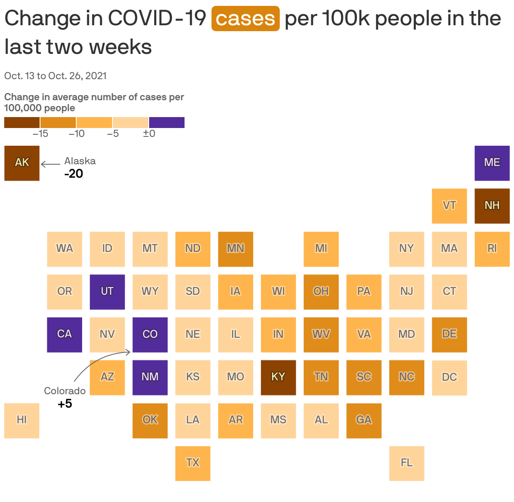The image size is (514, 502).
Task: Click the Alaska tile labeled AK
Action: [22, 163]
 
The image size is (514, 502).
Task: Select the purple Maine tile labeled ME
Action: [492, 163]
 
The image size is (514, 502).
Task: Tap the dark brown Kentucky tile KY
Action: [278, 377]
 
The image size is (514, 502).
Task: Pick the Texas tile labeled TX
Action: [193, 463]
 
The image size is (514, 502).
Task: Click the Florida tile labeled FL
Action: [407, 463]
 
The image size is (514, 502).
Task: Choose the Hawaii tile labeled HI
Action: [22, 420]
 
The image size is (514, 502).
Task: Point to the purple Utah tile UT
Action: [107, 292]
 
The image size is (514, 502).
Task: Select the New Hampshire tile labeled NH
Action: [492, 206]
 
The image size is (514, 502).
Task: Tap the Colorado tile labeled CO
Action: [150, 334]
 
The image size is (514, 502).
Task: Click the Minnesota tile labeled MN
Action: [236, 249]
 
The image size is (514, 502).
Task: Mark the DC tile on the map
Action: [449, 377]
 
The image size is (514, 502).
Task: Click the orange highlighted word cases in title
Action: [245, 19]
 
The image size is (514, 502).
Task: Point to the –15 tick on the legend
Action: [40, 134]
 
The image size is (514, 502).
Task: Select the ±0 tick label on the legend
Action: [149, 134]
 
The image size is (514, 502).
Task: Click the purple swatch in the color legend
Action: [167, 123]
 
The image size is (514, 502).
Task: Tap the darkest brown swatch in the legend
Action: [22, 123]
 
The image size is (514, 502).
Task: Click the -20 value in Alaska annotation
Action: [74, 174]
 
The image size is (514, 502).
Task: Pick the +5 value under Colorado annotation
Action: [65, 404]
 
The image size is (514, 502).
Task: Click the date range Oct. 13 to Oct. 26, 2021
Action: [55, 76]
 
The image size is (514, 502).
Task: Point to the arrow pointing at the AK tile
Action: [51, 164]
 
